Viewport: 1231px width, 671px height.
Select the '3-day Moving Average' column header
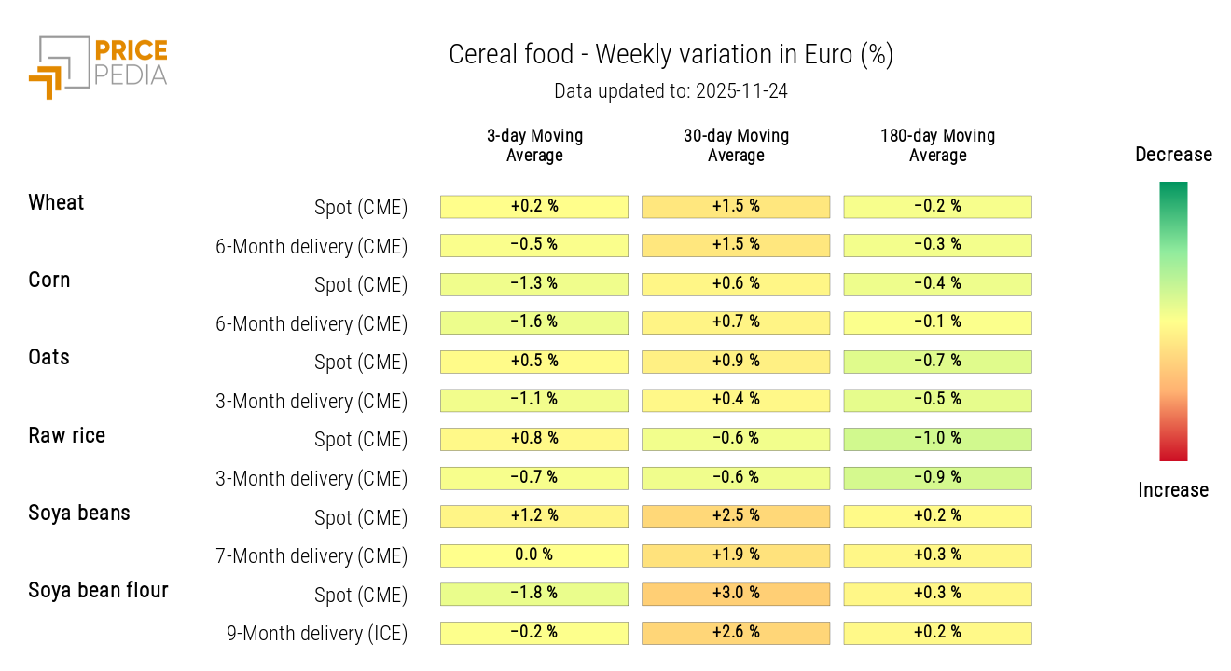534,145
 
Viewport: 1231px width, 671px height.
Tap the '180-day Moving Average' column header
937,145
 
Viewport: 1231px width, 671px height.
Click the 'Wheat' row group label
56,203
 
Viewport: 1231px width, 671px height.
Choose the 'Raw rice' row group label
66,436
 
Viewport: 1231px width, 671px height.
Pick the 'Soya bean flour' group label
98,591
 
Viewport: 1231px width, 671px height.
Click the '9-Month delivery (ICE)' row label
317,634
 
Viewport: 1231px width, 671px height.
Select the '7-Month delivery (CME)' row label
311,556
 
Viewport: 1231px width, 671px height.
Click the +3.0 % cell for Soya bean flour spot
736,594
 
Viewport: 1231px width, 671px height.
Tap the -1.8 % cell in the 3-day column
534,594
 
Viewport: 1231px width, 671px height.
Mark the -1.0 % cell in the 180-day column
937,439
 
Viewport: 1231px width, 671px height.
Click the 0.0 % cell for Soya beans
534,555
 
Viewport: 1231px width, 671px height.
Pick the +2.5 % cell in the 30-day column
736,516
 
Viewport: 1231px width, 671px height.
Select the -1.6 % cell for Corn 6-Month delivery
534,322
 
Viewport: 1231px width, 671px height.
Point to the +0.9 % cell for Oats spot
736,362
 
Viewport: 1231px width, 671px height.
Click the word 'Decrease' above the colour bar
1173,155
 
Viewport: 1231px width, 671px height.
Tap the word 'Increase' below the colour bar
1173,490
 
